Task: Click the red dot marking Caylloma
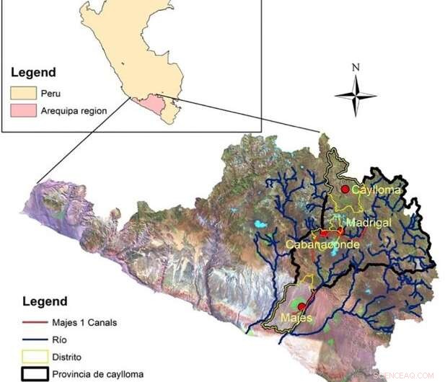coord(345,189)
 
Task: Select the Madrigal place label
coord(368,223)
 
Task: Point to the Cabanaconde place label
coord(322,244)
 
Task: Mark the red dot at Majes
coord(301,307)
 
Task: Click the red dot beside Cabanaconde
coord(324,233)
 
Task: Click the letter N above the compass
coord(355,68)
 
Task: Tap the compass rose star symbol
coord(355,95)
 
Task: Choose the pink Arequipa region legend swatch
coord(22,111)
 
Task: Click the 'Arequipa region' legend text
coord(73,111)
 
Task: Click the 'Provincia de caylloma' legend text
coord(102,373)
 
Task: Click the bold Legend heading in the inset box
coord(33,73)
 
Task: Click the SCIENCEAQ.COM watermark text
coord(404,376)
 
